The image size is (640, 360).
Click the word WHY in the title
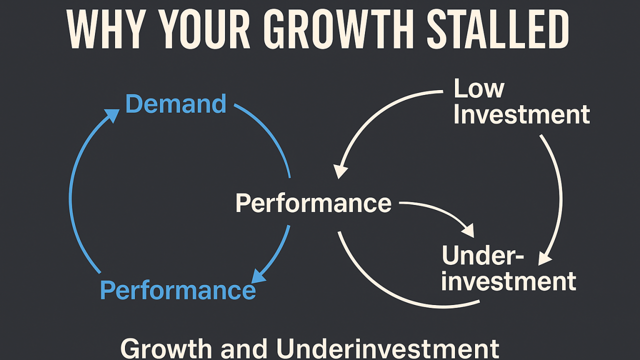pyautogui.click(x=105, y=29)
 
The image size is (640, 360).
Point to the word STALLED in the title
pyautogui.click(x=497, y=29)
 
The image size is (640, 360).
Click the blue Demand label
pyautogui.click(x=175, y=103)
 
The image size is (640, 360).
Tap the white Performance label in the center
pyautogui.click(x=313, y=203)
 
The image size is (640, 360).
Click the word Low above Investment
pyautogui.click(x=479, y=88)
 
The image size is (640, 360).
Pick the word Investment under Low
pyautogui.click(x=521, y=114)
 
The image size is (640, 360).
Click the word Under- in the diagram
pyautogui.click(x=483, y=255)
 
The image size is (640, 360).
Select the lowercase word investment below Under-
pyautogui.click(x=509, y=281)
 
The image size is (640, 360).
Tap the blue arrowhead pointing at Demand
pyautogui.click(x=113, y=115)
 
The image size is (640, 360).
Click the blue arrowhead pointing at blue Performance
pyautogui.click(x=258, y=276)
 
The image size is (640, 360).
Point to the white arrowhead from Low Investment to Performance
pyautogui.click(x=340, y=171)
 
